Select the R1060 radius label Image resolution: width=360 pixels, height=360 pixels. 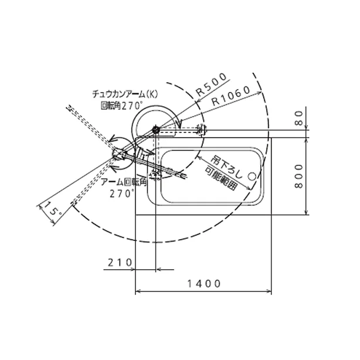pos(231,96)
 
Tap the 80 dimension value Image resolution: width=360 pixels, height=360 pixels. pos(298,118)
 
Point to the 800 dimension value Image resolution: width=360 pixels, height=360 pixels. pos(298,176)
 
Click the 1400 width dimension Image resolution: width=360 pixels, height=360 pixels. pos(204,284)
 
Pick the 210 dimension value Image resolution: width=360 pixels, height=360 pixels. pos(120,263)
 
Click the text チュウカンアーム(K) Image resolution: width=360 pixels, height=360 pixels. pos(125,94)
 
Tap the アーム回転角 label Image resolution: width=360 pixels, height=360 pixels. pos(124,182)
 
